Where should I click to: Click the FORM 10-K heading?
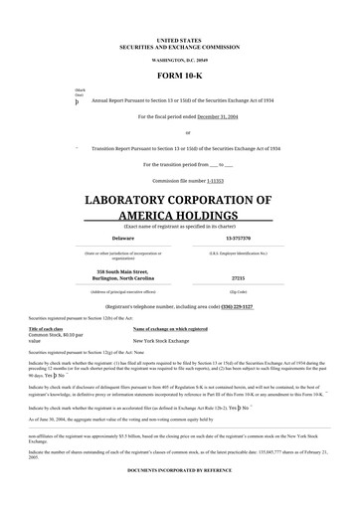pyautogui.click(x=179, y=76)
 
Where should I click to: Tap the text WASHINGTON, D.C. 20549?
pyautogui.click(x=179, y=60)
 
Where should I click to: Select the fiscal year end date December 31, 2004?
pyautogui.click(x=222, y=116)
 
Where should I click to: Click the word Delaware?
pyautogui.click(x=122, y=239)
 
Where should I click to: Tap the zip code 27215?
pyautogui.click(x=238, y=278)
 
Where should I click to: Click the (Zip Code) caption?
pyautogui.click(x=238, y=291)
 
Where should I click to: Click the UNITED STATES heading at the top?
pyautogui.click(x=179, y=39)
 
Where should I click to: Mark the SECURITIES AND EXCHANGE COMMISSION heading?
pyautogui.click(x=179, y=46)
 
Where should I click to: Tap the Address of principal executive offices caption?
pyautogui.click(x=122, y=291)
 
